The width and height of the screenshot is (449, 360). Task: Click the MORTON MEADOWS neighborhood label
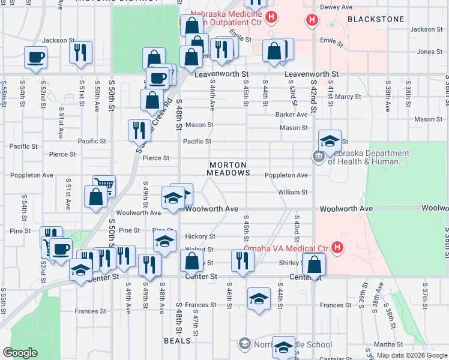[x=229, y=169]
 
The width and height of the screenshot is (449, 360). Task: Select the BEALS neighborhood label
[x=178, y=341]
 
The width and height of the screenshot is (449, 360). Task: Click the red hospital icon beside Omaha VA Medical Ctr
[x=338, y=247]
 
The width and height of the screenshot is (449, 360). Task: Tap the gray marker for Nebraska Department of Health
[x=318, y=157]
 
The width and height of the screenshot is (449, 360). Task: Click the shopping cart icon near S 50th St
[x=104, y=185]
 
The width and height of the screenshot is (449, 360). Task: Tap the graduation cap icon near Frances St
[x=259, y=298]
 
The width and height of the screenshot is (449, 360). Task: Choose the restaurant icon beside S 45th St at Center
[x=242, y=260]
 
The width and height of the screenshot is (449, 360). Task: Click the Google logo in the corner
[x=20, y=353]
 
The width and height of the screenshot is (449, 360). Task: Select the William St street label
[x=293, y=193]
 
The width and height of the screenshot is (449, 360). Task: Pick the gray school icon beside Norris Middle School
[x=244, y=344]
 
